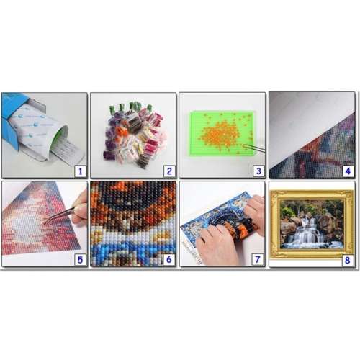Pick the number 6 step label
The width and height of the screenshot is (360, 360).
168,258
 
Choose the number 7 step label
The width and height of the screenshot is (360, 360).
257,258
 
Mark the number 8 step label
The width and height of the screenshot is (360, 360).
347,258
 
